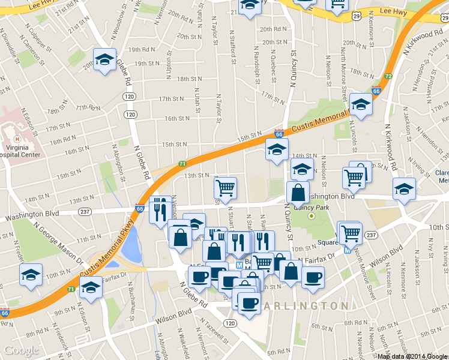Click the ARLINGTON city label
click(305, 306)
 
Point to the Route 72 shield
click(388, 76)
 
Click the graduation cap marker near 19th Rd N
click(105, 59)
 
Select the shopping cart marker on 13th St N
click(225, 188)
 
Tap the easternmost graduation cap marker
click(404, 188)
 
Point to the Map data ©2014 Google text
click(412, 356)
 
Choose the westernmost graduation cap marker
click(31, 275)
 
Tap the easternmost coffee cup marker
click(313, 277)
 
